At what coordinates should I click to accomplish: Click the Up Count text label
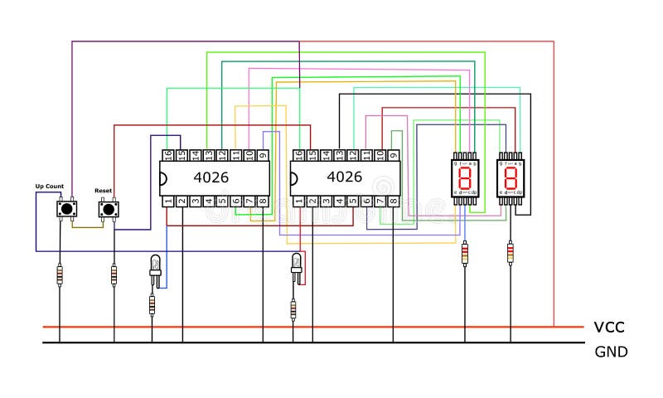[49, 187]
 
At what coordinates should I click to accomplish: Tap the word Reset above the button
[104, 191]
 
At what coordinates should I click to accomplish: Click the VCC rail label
[609, 328]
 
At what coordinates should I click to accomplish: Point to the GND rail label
[611, 352]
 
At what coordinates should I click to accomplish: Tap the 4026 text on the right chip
[344, 177]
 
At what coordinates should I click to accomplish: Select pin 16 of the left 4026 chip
[167, 155]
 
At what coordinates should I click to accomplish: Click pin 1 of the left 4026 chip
[167, 201]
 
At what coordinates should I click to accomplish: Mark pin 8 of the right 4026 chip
[393, 201]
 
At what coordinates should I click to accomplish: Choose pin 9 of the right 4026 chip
[393, 155]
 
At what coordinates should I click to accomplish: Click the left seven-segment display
[465, 176]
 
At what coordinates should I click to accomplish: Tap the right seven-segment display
[511, 176]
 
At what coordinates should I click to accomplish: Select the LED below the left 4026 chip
[154, 267]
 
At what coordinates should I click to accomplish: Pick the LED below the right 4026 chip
[296, 265]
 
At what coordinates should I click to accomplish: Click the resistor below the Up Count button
[60, 275]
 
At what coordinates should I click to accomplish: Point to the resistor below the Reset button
[114, 275]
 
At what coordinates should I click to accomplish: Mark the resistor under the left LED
[152, 305]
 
